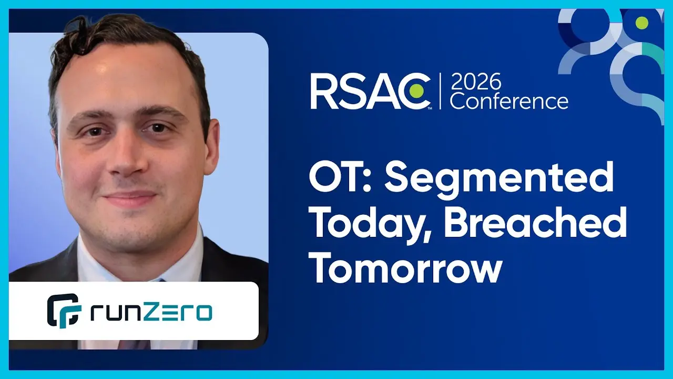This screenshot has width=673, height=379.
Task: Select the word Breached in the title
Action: [x=535, y=222]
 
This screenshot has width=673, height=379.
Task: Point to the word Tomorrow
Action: [x=406, y=266]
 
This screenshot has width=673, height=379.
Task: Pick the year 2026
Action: [x=476, y=81]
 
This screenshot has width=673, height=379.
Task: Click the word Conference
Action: [x=509, y=101]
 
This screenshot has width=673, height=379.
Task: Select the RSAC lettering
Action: [x=370, y=91]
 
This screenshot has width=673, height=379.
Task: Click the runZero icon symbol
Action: [x=64, y=311]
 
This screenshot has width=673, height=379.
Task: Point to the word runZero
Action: [x=151, y=313]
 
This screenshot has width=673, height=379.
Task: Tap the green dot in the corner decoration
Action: [x=642, y=23]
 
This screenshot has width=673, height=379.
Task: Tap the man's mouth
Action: [x=130, y=198]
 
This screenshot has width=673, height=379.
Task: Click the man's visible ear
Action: [x=211, y=147]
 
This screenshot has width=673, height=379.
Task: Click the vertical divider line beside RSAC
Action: [x=440, y=91]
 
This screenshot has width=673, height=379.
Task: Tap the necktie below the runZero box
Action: [x=134, y=344]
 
